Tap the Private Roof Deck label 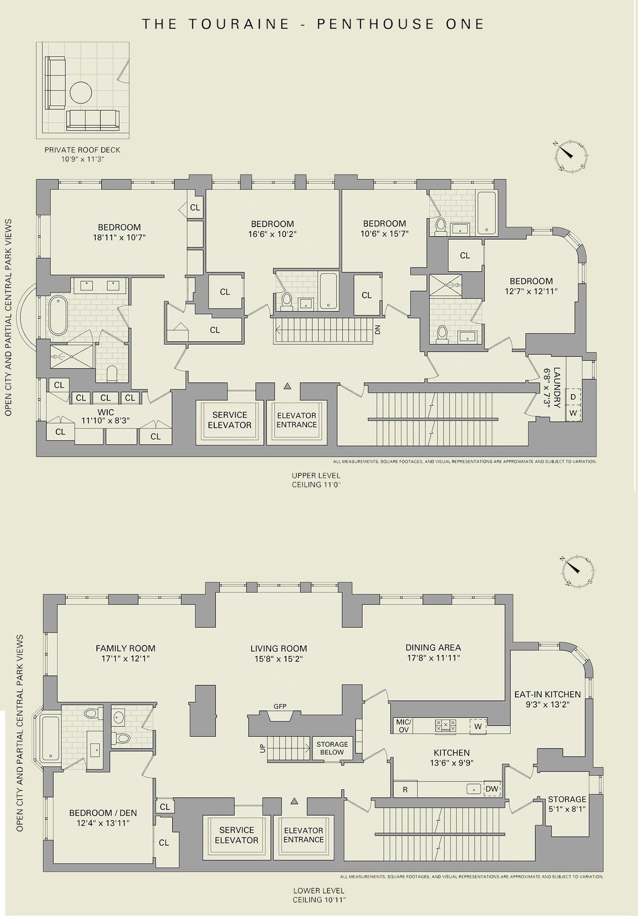[82, 150]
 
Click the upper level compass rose [571, 156]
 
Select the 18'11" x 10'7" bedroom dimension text [119, 238]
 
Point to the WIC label [106, 412]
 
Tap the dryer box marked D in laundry [573, 397]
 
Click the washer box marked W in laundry [573, 413]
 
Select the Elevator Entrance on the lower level [303, 835]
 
